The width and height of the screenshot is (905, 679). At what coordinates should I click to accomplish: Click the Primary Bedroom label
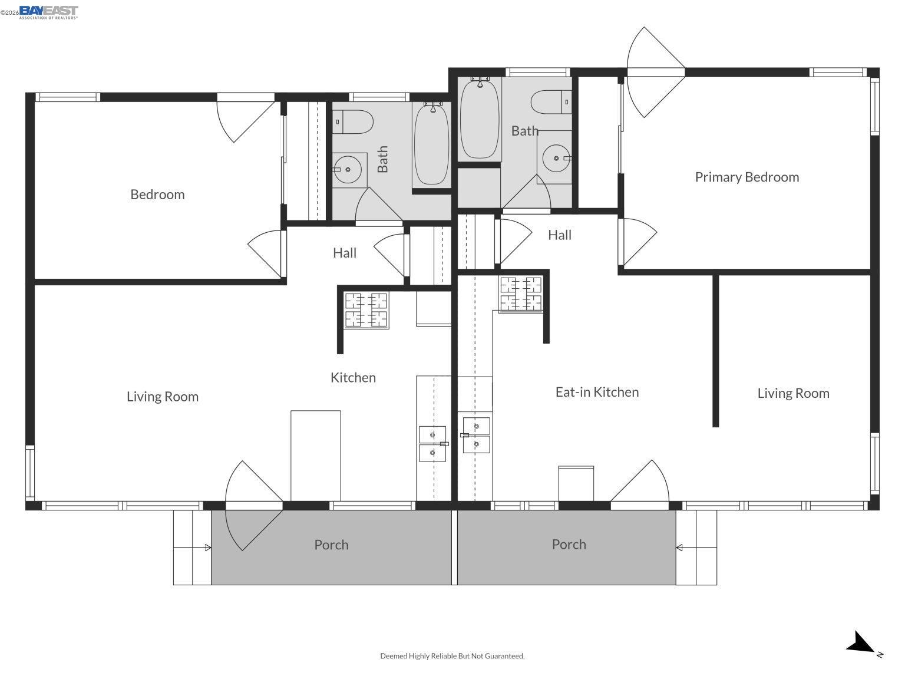747,177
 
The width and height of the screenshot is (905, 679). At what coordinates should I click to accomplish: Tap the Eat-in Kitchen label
597,392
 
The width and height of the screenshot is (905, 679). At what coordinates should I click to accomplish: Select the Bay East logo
48,12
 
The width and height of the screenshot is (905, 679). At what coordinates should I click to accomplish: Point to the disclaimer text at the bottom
452,655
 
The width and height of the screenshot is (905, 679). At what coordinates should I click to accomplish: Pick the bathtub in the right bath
480,119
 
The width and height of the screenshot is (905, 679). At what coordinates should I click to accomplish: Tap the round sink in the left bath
348,169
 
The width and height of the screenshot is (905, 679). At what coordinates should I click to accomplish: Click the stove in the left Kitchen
366,310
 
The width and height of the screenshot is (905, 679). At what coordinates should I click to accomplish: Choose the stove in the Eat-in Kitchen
521,294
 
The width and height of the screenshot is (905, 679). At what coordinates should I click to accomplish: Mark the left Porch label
331,545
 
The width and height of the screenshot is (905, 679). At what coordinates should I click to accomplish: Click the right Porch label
569,544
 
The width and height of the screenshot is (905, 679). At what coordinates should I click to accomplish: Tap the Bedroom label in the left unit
157,195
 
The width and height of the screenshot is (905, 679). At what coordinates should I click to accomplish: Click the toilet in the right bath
550,103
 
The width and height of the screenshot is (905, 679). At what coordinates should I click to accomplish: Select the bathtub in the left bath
432,144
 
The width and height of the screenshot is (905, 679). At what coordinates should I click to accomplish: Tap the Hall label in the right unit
559,235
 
